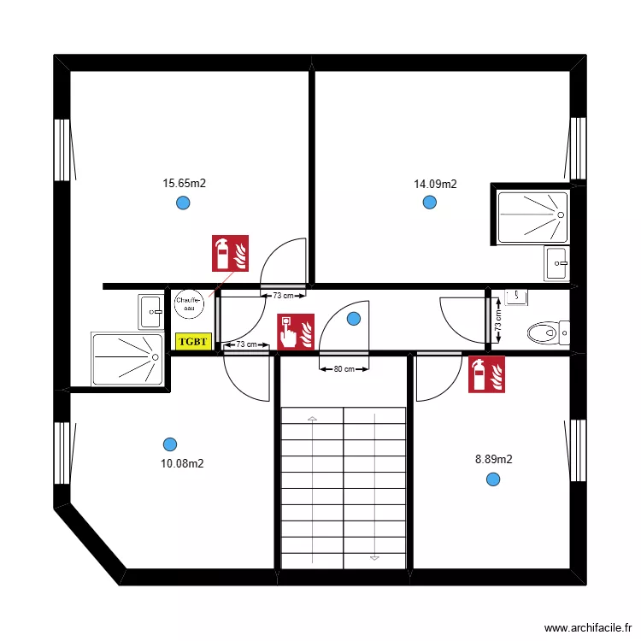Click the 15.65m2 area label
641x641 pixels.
point(185,183)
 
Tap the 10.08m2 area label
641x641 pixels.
point(182,464)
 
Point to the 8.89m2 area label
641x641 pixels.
point(494,459)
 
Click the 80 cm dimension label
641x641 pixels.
point(344,369)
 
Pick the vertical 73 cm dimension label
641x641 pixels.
point(498,320)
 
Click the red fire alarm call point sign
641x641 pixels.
point(296,332)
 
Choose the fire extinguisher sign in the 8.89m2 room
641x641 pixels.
point(488,374)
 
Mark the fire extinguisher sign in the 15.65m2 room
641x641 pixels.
point(230,253)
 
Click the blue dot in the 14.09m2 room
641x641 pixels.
point(429,203)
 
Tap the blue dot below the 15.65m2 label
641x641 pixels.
point(182,203)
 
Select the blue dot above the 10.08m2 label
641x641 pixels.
point(170,444)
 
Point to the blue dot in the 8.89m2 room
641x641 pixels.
point(492,479)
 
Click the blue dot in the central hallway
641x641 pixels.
point(354,319)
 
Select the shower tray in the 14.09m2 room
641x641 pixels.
point(532,216)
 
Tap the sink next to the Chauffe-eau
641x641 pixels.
point(150,312)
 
